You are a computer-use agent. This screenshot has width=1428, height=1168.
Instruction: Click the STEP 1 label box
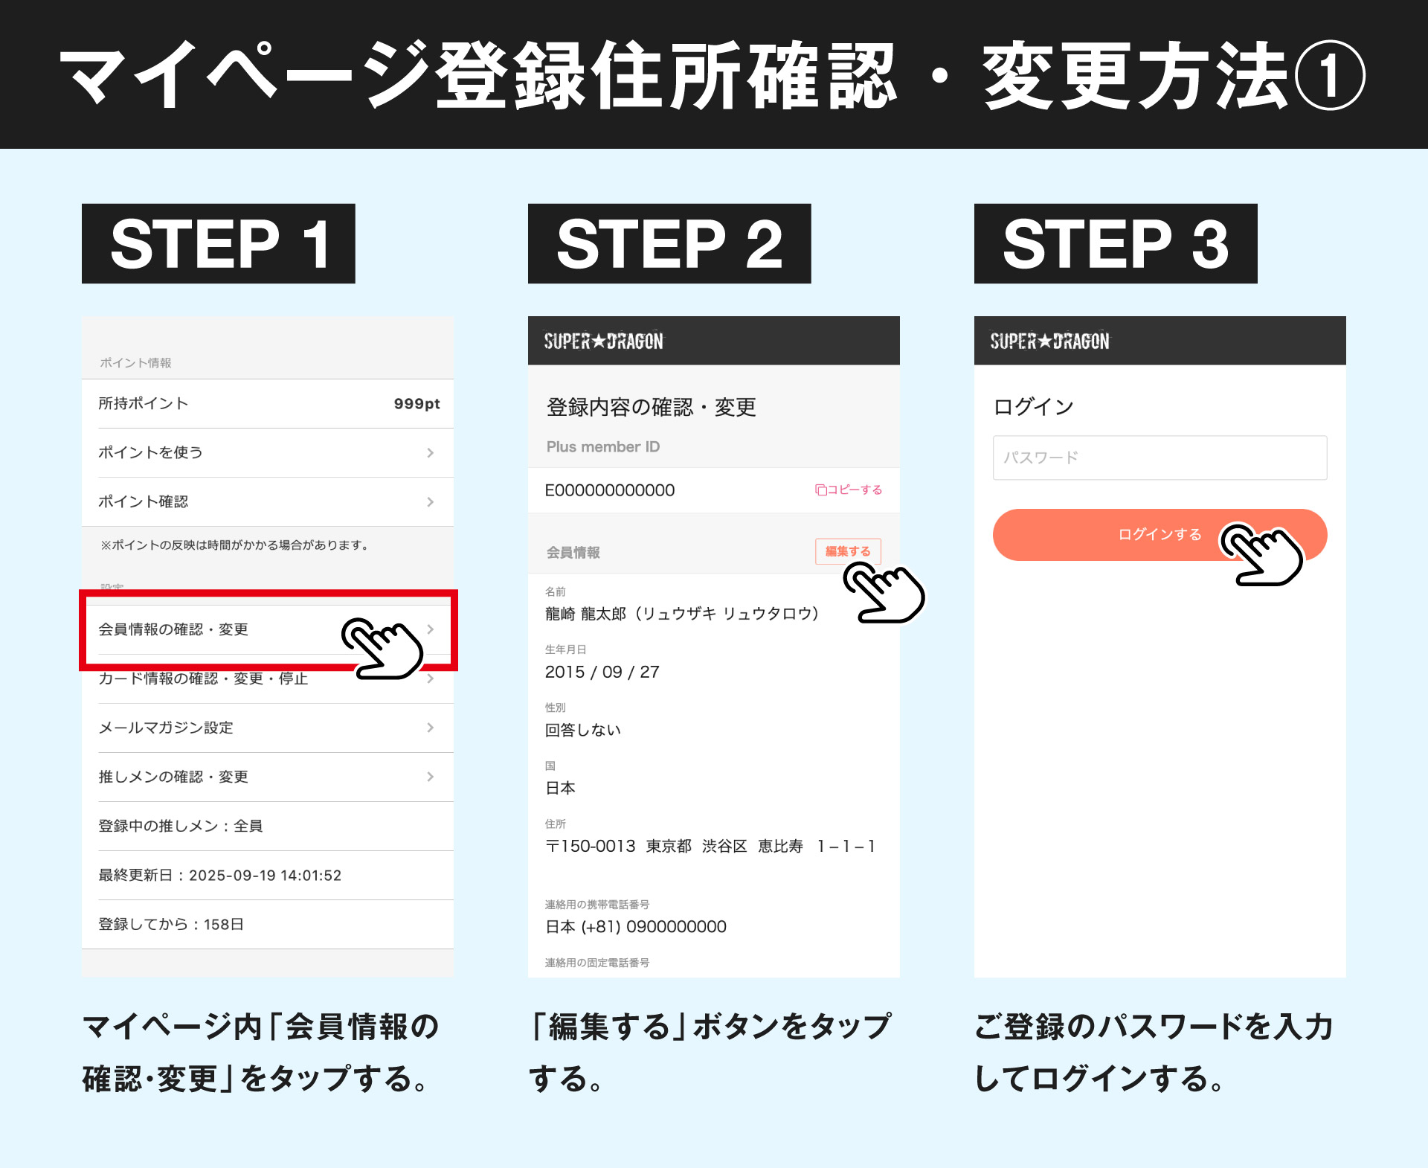click(x=218, y=243)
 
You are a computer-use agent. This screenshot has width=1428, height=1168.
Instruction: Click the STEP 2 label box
click(x=669, y=243)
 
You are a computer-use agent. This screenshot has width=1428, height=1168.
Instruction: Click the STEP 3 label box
click(x=1116, y=243)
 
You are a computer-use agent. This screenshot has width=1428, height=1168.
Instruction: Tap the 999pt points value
click(x=417, y=403)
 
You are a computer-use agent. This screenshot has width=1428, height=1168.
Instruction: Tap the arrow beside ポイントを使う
click(x=431, y=452)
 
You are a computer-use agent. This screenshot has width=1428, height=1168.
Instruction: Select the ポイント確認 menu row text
click(x=144, y=501)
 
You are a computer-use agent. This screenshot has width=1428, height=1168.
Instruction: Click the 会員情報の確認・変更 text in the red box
click(x=173, y=629)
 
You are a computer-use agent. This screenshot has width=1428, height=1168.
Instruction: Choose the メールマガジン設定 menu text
click(x=166, y=728)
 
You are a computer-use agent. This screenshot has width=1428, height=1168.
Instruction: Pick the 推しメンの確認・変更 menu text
click(x=173, y=777)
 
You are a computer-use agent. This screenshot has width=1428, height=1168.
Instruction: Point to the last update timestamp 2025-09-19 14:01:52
click(x=266, y=876)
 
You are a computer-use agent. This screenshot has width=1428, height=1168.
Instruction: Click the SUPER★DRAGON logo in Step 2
click(x=603, y=341)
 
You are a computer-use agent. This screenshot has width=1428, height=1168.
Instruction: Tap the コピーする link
click(x=849, y=490)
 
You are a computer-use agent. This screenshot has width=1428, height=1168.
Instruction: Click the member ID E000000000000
click(x=610, y=490)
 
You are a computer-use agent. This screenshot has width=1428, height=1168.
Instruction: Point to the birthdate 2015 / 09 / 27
click(x=602, y=672)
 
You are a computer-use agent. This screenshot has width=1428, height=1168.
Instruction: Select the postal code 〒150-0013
click(x=591, y=846)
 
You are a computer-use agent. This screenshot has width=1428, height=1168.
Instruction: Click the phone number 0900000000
click(x=677, y=926)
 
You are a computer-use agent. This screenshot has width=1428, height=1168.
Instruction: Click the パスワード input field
click(x=1160, y=458)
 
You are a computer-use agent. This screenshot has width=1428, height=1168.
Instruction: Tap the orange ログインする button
click(x=1160, y=535)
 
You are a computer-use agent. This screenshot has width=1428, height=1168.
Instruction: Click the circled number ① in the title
click(x=1330, y=75)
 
